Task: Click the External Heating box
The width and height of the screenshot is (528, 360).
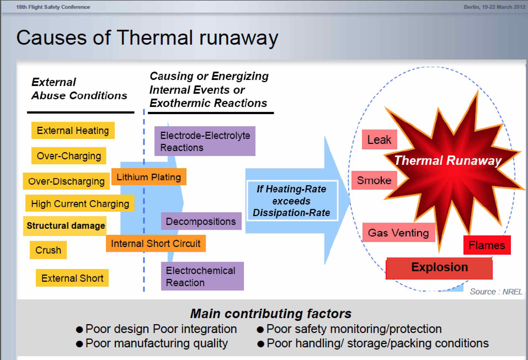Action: coord(73,130)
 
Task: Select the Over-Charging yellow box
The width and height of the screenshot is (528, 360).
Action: coord(69,156)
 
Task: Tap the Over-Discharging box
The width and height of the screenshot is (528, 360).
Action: coord(66,181)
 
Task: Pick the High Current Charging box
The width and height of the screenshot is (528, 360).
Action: coord(80,203)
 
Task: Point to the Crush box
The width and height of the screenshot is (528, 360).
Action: coord(48,250)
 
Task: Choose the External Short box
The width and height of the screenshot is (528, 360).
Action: coord(72,278)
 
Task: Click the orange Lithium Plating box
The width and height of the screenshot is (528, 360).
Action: coord(149,177)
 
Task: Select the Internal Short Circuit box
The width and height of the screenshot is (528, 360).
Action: coord(156,243)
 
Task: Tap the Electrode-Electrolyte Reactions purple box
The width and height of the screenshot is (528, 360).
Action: coord(205,141)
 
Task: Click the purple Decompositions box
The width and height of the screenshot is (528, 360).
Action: coord(201,221)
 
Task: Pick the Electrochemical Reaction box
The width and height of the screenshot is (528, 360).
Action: coord(202,276)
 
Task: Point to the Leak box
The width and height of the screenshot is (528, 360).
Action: coord(379,139)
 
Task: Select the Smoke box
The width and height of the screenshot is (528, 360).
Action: coord(374,180)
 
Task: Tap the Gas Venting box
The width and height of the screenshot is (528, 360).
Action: coord(398,233)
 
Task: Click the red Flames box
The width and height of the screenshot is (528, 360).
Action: coord(487,245)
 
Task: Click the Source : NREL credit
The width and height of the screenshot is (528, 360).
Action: coord(496,292)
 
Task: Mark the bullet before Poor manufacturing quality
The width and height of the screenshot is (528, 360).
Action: coord(79,344)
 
